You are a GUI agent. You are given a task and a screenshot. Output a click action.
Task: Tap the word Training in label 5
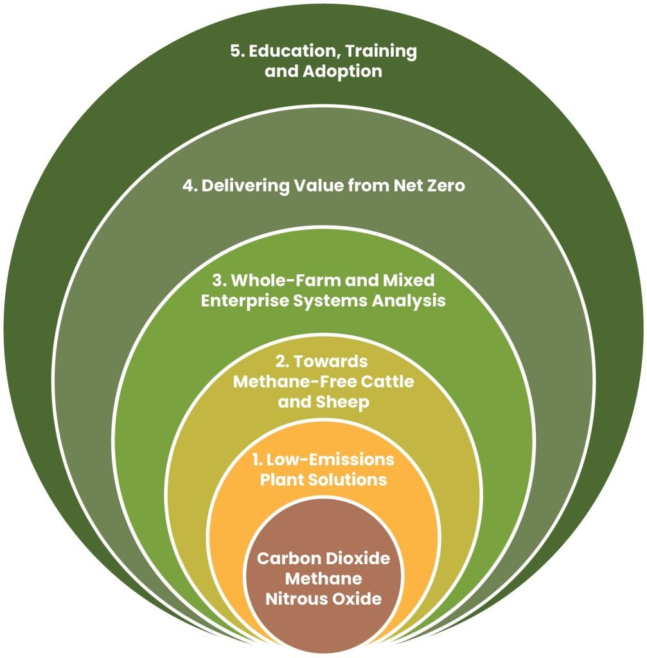(380, 51)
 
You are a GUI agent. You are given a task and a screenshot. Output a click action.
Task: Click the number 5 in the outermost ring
(235, 51)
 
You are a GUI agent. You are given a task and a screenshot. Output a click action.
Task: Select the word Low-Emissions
(332, 461)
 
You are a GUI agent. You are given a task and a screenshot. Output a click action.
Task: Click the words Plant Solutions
(323, 480)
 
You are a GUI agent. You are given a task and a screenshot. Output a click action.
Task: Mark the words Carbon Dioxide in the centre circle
(323, 558)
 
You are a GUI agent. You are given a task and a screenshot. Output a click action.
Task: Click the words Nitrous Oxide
(323, 599)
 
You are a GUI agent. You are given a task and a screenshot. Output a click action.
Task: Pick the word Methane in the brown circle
(323, 579)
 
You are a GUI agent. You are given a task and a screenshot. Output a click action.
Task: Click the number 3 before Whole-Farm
(217, 281)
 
